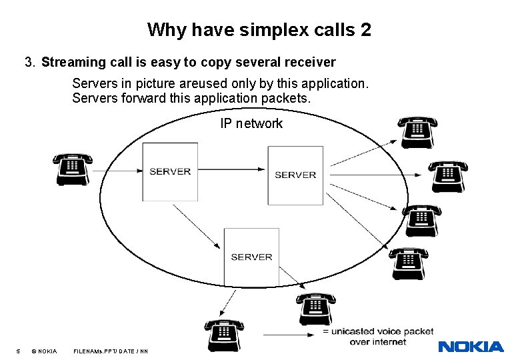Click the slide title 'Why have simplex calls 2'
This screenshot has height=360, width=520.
[259, 30]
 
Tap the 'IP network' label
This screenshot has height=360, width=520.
[251, 123]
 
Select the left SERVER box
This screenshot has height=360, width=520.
[170, 171]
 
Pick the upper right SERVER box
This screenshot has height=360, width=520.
[295, 175]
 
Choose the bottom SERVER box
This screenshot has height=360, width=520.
[251, 257]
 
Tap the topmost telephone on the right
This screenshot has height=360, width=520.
[417, 132]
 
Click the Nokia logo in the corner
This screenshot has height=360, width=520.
[471, 347]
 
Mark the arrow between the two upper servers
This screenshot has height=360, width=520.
[233, 168]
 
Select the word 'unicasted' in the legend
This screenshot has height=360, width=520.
[354, 331]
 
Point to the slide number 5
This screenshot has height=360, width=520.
[18, 351]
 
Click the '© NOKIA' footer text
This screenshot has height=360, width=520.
[44, 351]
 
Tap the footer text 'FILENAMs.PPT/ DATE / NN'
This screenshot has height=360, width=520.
[111, 351]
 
